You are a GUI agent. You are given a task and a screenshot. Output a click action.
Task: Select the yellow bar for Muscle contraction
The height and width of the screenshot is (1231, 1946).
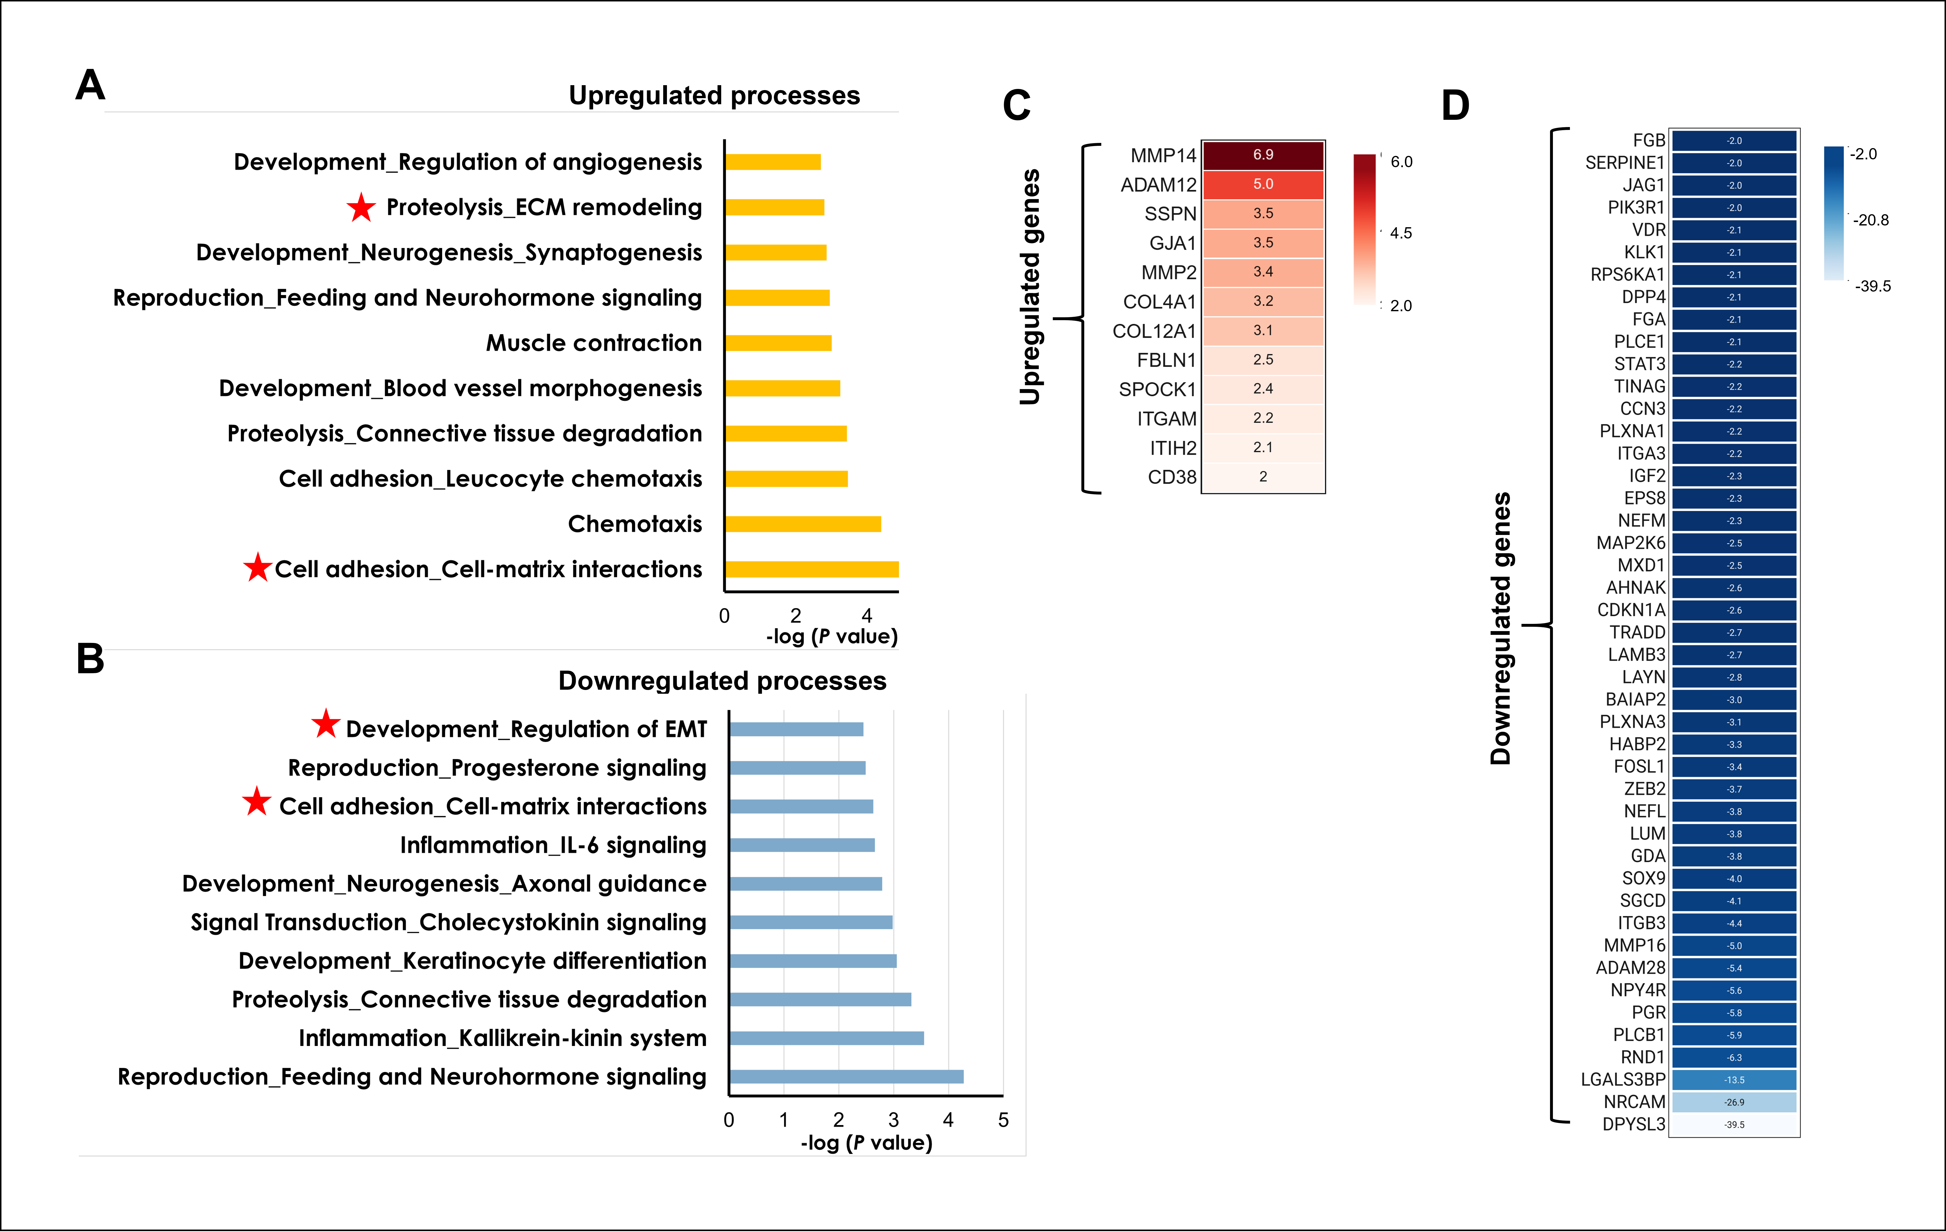click(x=778, y=343)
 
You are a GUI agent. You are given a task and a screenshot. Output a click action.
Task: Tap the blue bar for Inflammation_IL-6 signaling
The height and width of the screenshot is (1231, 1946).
click(x=802, y=845)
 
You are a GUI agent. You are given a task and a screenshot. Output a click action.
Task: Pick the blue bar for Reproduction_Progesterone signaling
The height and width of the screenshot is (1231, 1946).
click(x=797, y=768)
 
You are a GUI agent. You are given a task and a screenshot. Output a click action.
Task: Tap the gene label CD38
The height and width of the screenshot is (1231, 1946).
click(x=1172, y=477)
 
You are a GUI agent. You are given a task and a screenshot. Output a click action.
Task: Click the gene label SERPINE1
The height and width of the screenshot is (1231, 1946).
click(x=1625, y=163)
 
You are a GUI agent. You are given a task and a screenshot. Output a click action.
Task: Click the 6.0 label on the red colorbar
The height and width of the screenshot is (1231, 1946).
click(x=1401, y=162)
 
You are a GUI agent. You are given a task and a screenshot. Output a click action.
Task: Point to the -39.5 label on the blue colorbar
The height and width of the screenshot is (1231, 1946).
click(x=1872, y=286)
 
